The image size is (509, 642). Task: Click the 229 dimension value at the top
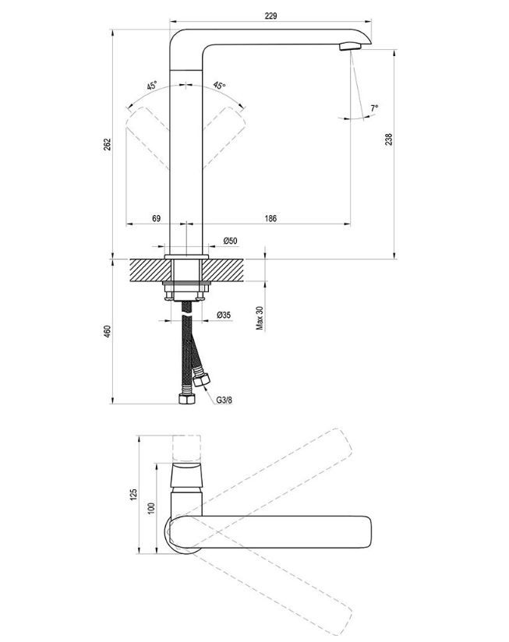[270, 16]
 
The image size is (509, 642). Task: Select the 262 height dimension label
[107, 145]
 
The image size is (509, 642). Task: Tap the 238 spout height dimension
[389, 139]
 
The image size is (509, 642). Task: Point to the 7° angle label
[374, 108]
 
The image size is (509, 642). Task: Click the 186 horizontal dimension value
[270, 218]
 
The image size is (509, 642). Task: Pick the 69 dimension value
[157, 218]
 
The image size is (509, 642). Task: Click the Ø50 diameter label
[230, 241]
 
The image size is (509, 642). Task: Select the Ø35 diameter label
[224, 315]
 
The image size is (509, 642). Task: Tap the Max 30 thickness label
[260, 318]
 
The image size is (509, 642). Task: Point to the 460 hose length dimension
[107, 331]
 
